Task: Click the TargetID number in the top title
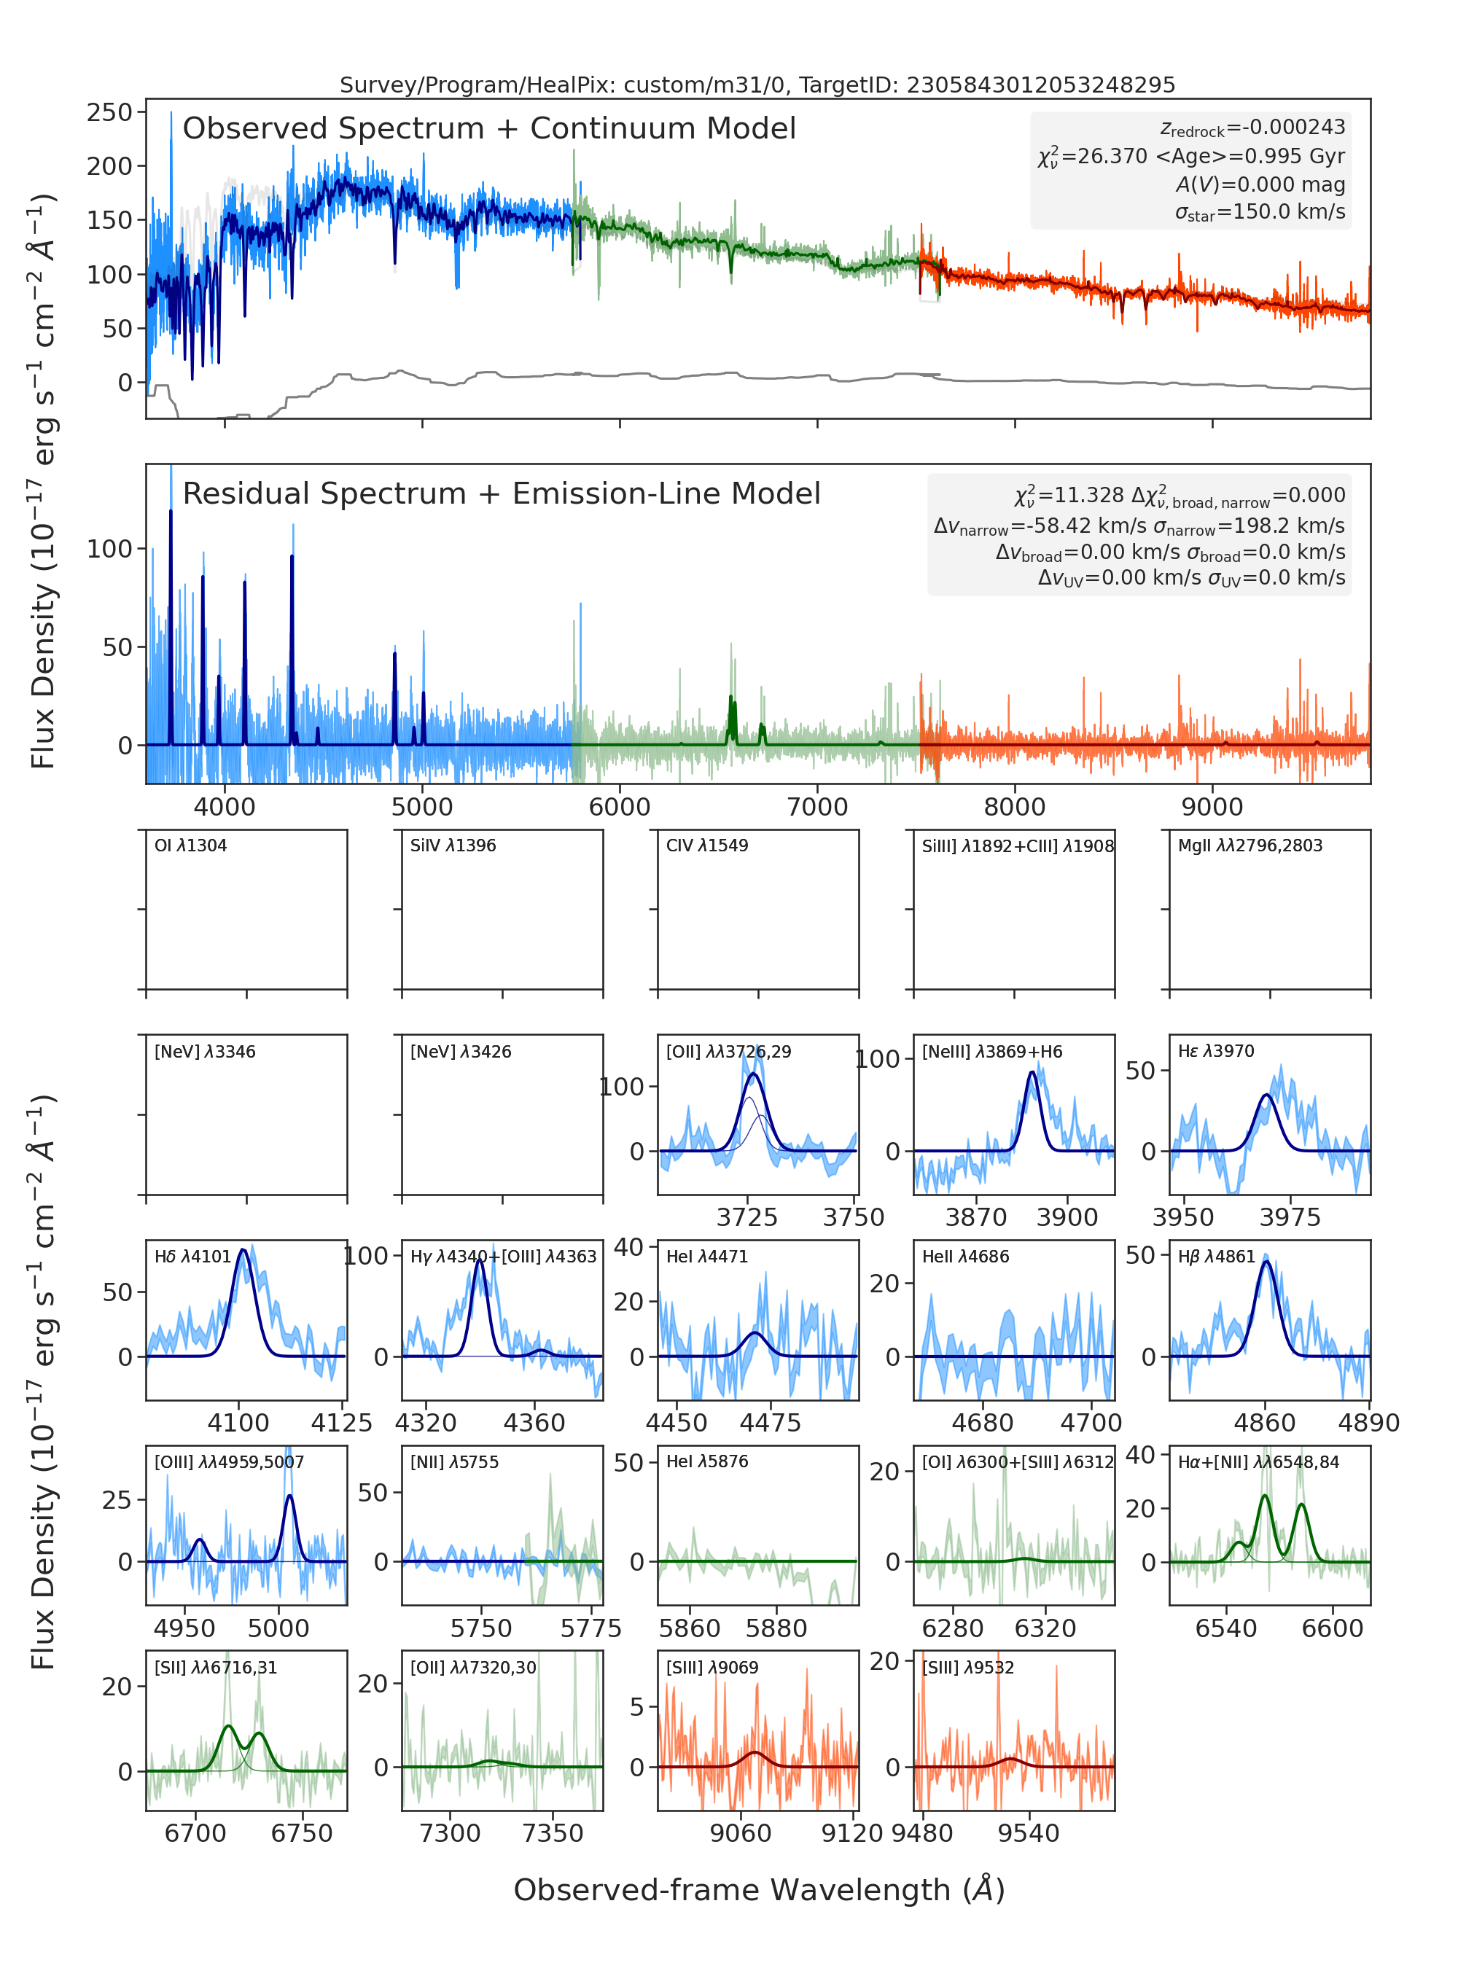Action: [x=1042, y=85]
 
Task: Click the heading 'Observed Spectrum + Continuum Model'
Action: [x=489, y=129]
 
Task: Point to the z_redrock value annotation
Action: [x=1253, y=128]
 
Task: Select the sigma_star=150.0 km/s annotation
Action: [x=1260, y=212]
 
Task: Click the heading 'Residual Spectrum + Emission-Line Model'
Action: [x=502, y=493]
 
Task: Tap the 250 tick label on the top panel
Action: [x=109, y=112]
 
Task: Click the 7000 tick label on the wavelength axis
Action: [x=817, y=807]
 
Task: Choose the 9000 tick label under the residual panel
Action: [x=1212, y=807]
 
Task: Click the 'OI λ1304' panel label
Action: [x=191, y=846]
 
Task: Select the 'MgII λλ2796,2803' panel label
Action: [x=1250, y=846]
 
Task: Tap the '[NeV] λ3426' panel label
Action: [x=461, y=1051]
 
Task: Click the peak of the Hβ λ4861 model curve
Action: [x=1266, y=1261]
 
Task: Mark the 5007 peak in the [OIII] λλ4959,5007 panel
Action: [x=289, y=1495]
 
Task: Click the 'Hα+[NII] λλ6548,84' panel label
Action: [x=1258, y=1461]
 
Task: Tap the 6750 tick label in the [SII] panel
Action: [x=302, y=1833]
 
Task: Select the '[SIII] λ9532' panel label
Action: [x=968, y=1667]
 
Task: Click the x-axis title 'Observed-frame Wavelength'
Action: [x=732, y=1889]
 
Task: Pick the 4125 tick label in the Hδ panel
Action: [x=342, y=1423]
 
